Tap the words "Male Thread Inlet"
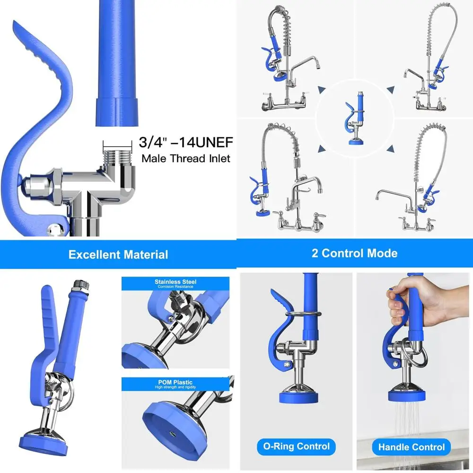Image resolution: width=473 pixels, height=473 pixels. click(x=186, y=158)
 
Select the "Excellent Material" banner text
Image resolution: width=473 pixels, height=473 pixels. click(x=118, y=254)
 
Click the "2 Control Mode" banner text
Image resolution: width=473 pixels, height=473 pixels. click(x=354, y=253)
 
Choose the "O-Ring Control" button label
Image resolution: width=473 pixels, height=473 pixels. click(x=297, y=446)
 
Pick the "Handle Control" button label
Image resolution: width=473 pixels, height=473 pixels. click(x=411, y=447)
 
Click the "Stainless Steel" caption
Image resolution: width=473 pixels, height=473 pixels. click(x=175, y=282)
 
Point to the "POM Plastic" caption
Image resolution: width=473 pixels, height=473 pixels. click(x=175, y=382)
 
